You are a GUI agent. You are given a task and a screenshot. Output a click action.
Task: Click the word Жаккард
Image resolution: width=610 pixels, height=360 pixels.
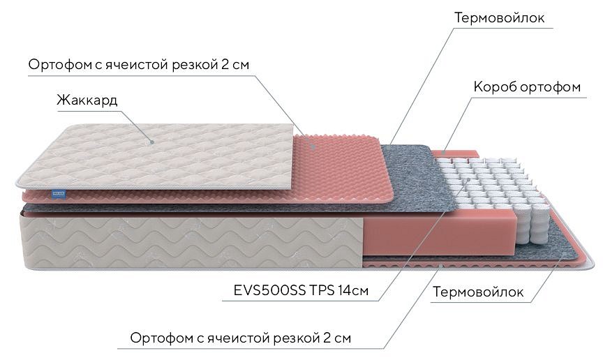click(x=87, y=100)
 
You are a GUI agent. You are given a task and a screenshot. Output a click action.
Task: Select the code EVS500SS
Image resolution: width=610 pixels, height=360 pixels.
click(x=269, y=290)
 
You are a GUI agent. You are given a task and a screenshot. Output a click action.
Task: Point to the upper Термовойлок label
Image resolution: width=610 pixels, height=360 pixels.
click(x=500, y=18)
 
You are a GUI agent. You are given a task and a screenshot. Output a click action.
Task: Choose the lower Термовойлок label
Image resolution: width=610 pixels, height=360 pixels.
click(x=478, y=292)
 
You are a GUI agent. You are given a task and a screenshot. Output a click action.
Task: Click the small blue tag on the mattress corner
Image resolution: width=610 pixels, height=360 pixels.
click(x=59, y=194)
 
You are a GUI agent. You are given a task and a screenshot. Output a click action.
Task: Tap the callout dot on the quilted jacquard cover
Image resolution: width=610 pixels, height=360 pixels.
click(x=152, y=142)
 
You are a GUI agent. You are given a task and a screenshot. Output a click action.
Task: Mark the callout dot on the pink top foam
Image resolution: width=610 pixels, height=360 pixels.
click(x=313, y=147)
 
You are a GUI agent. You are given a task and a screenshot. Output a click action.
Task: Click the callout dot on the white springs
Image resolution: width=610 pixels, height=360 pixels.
click(x=469, y=179)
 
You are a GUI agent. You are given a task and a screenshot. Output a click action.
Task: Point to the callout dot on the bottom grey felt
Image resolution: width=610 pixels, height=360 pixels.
click(x=564, y=253)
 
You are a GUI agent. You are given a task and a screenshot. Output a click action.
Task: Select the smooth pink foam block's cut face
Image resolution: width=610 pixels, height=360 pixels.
click(x=440, y=233)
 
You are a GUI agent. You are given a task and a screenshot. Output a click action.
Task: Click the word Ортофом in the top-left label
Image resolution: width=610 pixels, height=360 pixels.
click(x=59, y=65)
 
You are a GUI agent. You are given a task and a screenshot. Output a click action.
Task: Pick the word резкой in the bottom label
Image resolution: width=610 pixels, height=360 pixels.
click(x=296, y=338)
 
